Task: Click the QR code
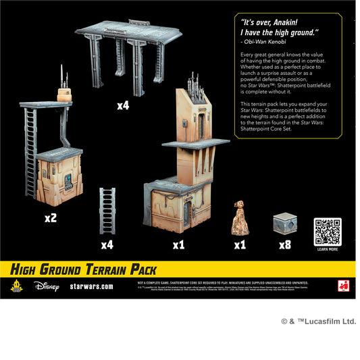coord(327,232)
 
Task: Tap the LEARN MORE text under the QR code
coord(327,249)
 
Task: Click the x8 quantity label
coord(284,245)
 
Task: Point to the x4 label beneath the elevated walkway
coord(122,105)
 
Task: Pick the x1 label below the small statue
coord(240,245)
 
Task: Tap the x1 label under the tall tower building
coord(178,245)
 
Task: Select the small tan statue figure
coord(240,218)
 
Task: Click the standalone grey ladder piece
coord(108,211)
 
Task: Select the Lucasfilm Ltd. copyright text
coord(319,322)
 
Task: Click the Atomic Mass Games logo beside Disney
coord(16,285)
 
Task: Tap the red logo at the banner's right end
coord(348,285)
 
